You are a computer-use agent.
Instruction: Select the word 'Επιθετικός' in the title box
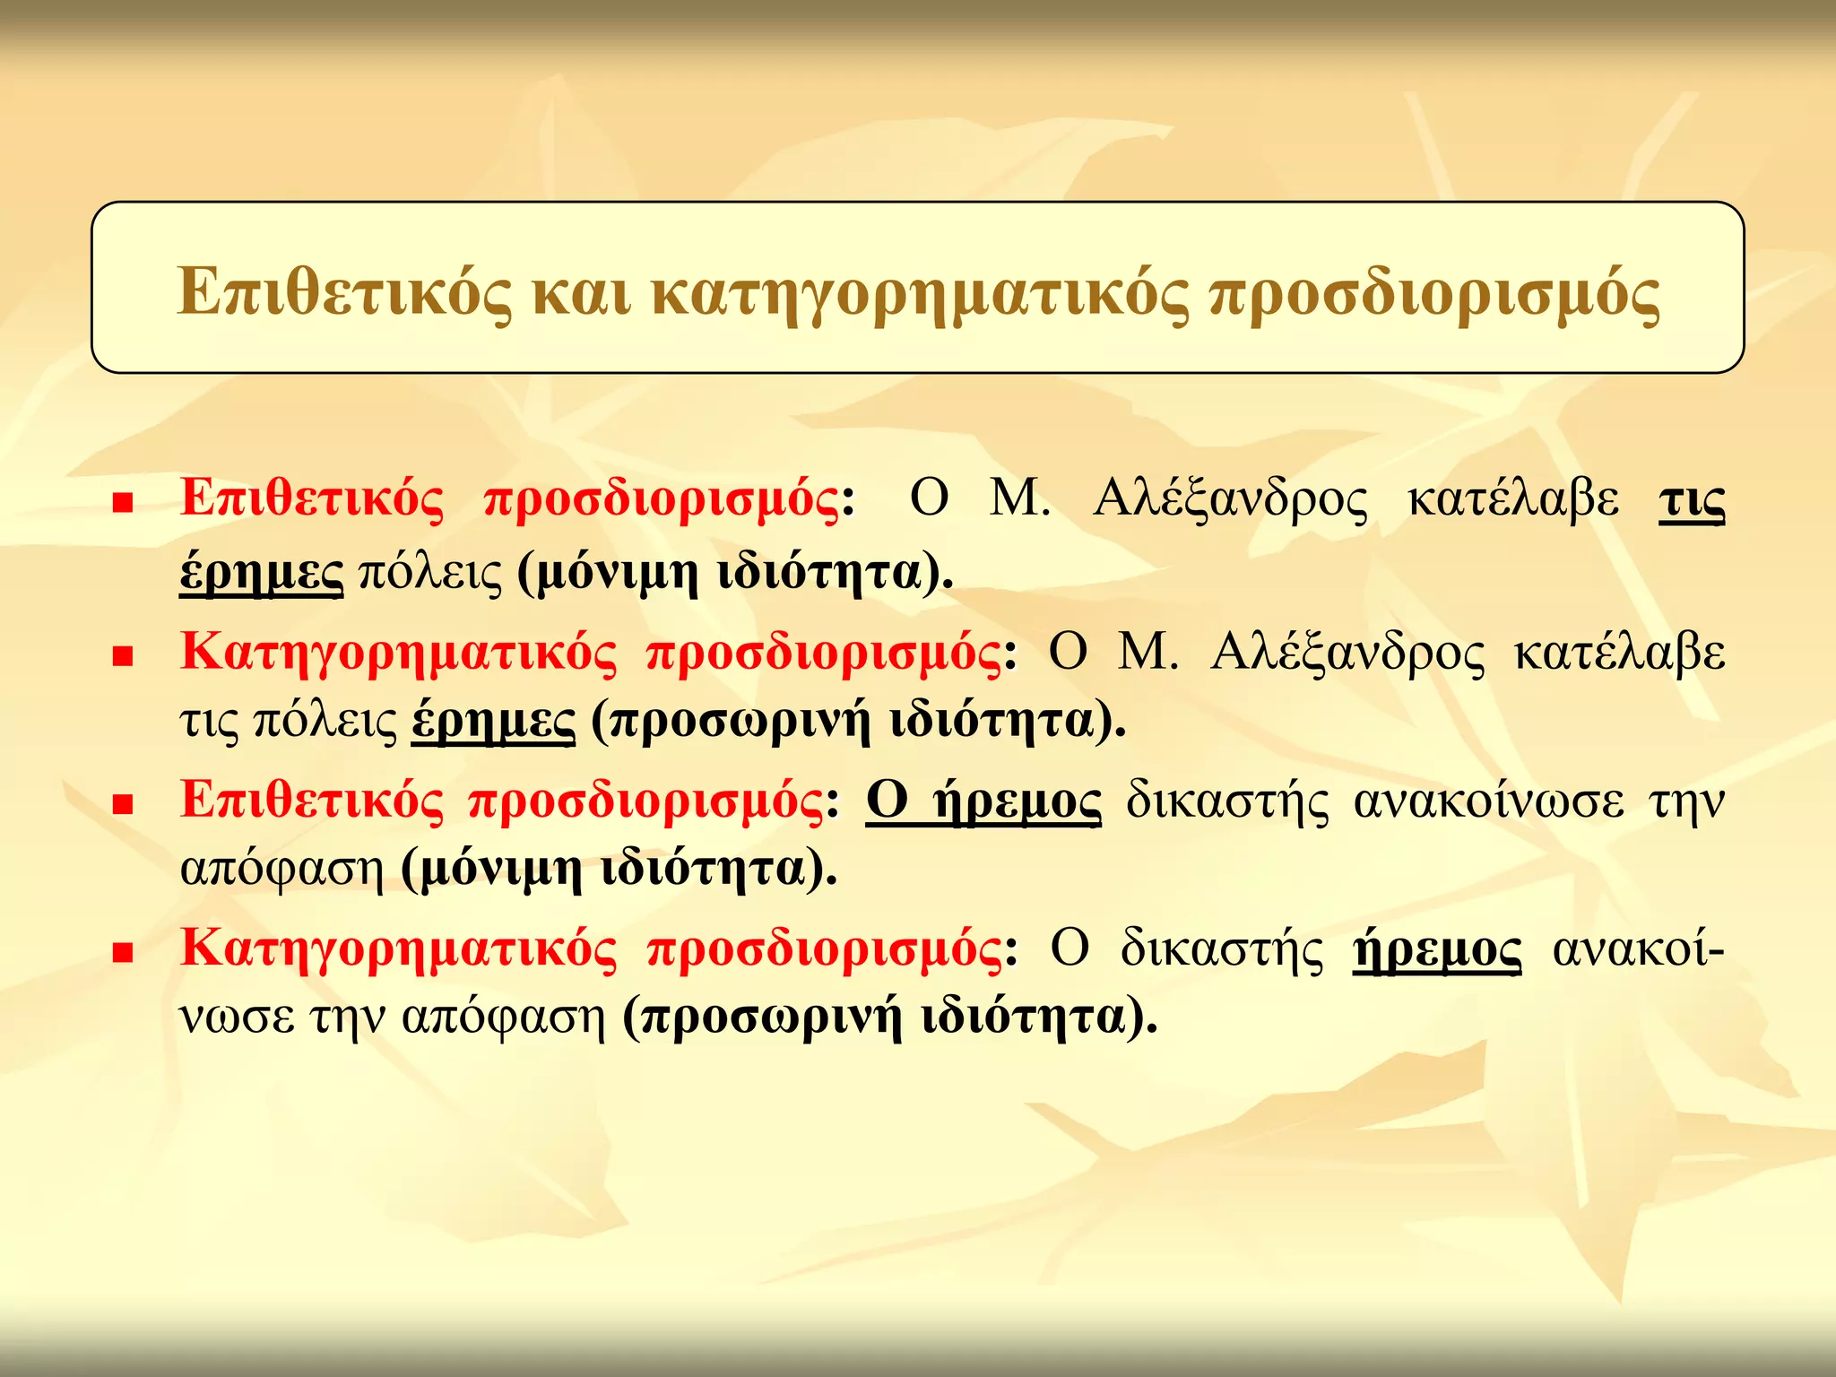coord(345,293)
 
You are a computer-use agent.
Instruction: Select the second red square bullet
coord(123,656)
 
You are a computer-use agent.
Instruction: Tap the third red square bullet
coord(123,803)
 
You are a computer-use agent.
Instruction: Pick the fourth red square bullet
coord(123,952)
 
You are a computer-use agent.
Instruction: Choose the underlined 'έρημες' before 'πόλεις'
coord(261,572)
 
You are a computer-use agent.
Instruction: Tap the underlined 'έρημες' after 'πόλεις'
coord(493,721)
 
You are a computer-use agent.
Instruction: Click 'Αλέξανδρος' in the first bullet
coord(1231,500)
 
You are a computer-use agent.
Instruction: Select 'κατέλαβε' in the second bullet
coord(1619,653)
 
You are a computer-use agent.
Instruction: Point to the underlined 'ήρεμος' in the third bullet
coord(1018,801)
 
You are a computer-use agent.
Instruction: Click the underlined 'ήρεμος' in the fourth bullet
coord(1436,949)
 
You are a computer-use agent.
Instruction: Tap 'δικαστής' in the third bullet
coord(1227,801)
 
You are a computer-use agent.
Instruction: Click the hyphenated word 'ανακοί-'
coord(1638,949)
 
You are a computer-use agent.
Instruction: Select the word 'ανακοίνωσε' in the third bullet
coord(1488,801)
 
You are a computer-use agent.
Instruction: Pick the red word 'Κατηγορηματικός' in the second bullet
coord(399,653)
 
